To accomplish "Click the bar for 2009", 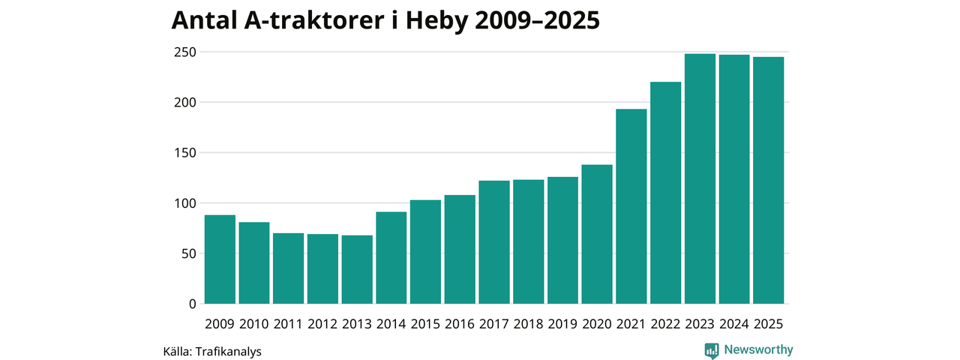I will [220, 259].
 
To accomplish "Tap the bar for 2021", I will [631, 206].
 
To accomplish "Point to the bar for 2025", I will [769, 180].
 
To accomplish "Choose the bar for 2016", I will [460, 249].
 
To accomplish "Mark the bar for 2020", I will [597, 234].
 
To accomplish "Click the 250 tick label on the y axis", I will [185, 52].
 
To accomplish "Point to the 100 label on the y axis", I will [185, 203].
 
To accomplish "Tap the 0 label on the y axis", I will [192, 304].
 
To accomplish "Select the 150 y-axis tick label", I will [185, 153].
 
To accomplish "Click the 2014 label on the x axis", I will [391, 324].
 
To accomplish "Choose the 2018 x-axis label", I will [528, 324].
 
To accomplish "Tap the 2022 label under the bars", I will [665, 324].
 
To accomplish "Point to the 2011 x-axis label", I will [288, 324].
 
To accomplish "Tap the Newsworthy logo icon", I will [712, 350].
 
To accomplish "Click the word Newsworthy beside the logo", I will [758, 349].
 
